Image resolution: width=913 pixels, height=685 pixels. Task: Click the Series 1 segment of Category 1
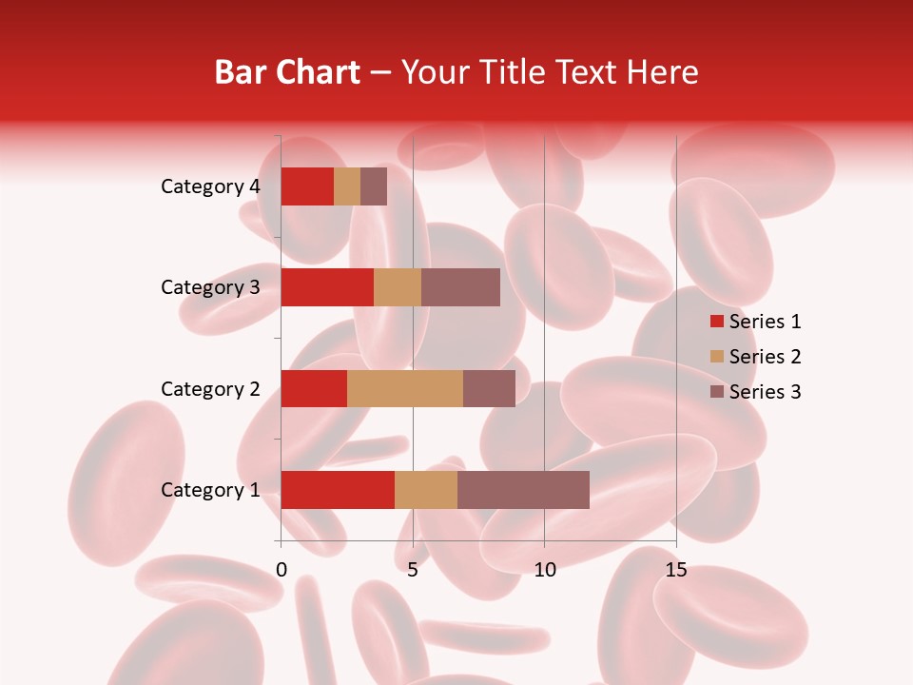tap(338, 490)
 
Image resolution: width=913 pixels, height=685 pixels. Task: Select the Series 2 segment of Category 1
tap(426, 490)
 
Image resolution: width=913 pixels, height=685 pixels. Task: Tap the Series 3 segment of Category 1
tap(523, 490)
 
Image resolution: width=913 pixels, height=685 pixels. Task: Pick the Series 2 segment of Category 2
tap(405, 388)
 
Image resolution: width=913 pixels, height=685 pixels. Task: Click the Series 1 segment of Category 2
tap(314, 388)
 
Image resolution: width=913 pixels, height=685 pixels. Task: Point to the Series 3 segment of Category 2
tap(489, 388)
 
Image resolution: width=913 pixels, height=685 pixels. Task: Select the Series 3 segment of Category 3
tap(460, 287)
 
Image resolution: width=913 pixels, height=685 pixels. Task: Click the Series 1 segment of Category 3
tap(327, 287)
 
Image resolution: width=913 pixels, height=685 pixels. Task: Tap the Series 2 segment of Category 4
tap(347, 186)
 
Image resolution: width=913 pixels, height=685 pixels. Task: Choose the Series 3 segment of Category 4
tap(374, 186)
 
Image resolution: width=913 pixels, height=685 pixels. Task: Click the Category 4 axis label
tap(210, 186)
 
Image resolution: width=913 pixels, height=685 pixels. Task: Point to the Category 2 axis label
tap(210, 388)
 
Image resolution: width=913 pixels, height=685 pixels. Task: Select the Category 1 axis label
tap(210, 490)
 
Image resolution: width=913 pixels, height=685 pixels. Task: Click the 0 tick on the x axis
tap(282, 570)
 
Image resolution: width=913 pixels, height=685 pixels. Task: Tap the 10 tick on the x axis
tap(544, 570)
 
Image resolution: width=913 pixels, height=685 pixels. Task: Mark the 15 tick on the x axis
tap(675, 570)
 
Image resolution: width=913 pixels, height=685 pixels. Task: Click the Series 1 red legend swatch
tap(717, 322)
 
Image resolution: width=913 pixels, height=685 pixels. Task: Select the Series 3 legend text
tap(765, 392)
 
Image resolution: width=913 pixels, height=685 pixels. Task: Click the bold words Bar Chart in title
tap(287, 72)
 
